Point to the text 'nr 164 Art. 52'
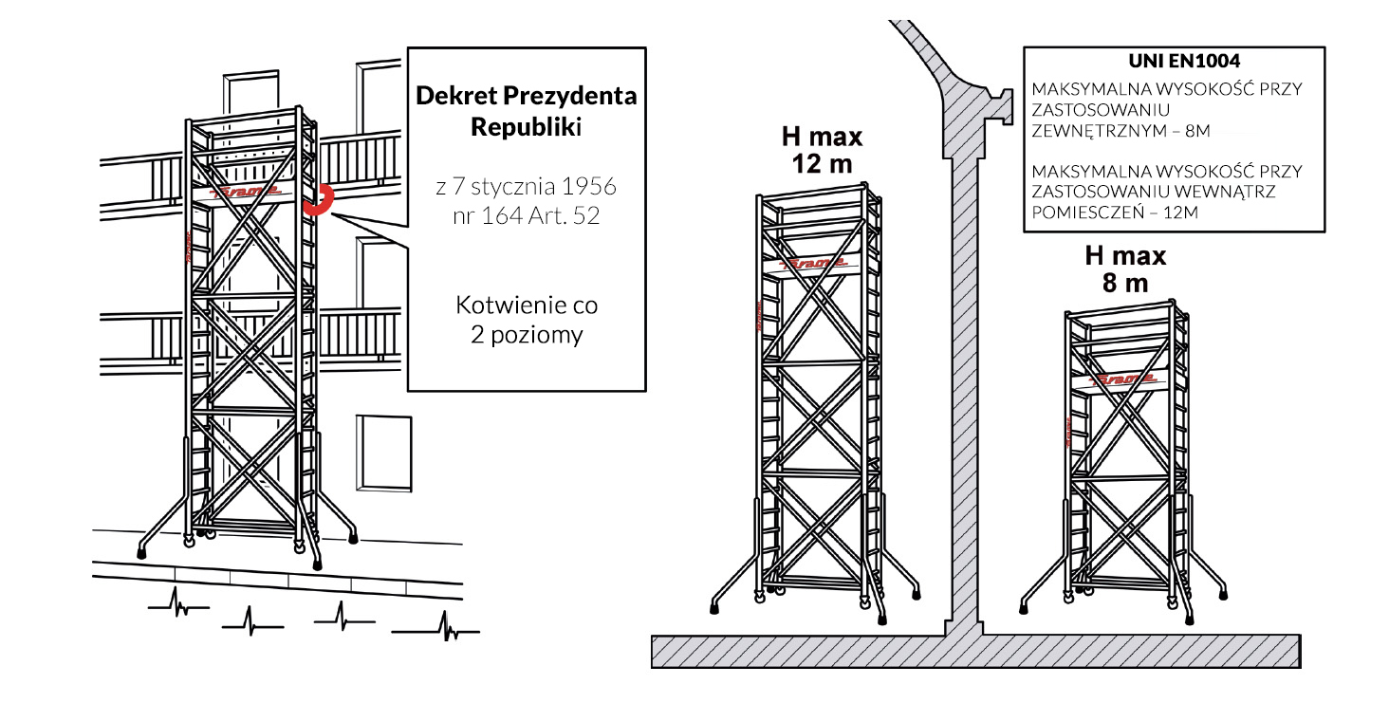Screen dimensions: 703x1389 [527, 215]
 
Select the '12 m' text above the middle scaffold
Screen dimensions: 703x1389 [822, 164]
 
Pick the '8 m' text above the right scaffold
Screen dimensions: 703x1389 [1125, 283]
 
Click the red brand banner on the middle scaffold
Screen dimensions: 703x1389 [822, 265]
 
